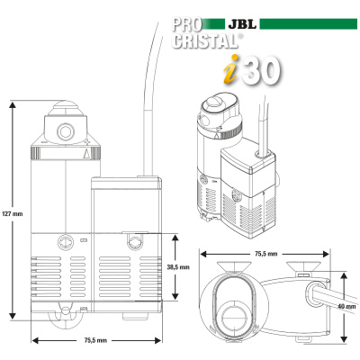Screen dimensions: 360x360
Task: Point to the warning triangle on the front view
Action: click(x=86, y=154)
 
